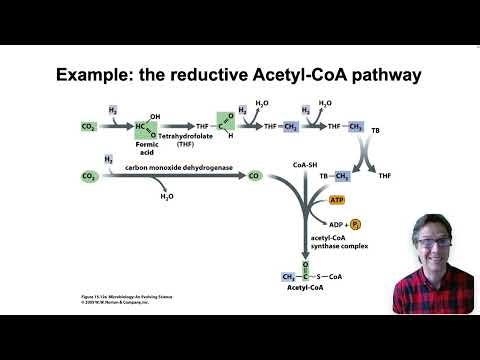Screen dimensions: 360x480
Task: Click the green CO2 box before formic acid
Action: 89,128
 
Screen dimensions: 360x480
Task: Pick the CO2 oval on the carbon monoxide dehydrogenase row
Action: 89,176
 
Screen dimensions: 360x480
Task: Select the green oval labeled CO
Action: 253,176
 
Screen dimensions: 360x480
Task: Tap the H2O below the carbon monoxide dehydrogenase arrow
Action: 166,197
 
